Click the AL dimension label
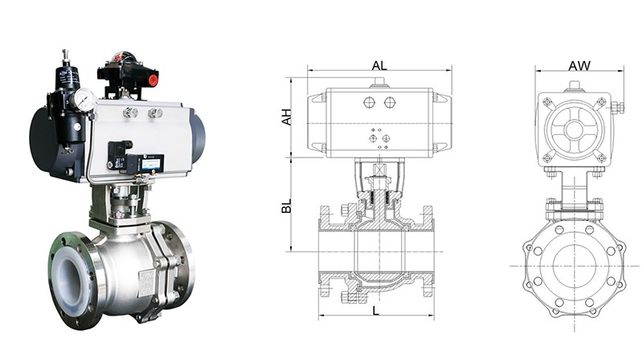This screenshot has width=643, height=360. tap(378, 64)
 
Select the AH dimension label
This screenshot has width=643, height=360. tap(286, 117)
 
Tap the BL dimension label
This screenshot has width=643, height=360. tap(286, 207)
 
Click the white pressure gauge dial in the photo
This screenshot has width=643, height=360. tap(84, 100)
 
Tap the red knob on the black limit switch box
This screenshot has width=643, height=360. tap(153, 80)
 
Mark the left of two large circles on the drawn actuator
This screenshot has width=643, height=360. tap(369, 103)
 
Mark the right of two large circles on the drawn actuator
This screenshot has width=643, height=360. tap(390, 103)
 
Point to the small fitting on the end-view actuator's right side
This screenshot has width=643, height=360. tap(616, 107)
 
